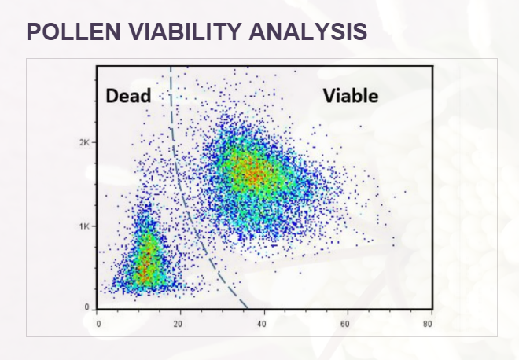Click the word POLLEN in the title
click(x=73, y=31)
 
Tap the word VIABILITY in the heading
click(x=184, y=31)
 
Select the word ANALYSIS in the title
click(x=307, y=31)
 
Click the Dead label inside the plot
click(x=128, y=96)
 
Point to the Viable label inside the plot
click(x=351, y=96)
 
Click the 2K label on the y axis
click(x=84, y=142)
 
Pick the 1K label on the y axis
click(x=84, y=226)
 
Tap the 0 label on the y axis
click(x=86, y=307)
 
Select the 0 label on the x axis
click(x=98, y=325)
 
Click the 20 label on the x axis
click(x=178, y=325)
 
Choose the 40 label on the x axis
click(x=262, y=325)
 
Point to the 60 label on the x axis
click(x=345, y=325)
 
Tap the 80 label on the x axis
click(x=428, y=325)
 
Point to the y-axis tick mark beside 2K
click(x=94, y=142)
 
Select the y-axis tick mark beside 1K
click(x=94, y=226)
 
